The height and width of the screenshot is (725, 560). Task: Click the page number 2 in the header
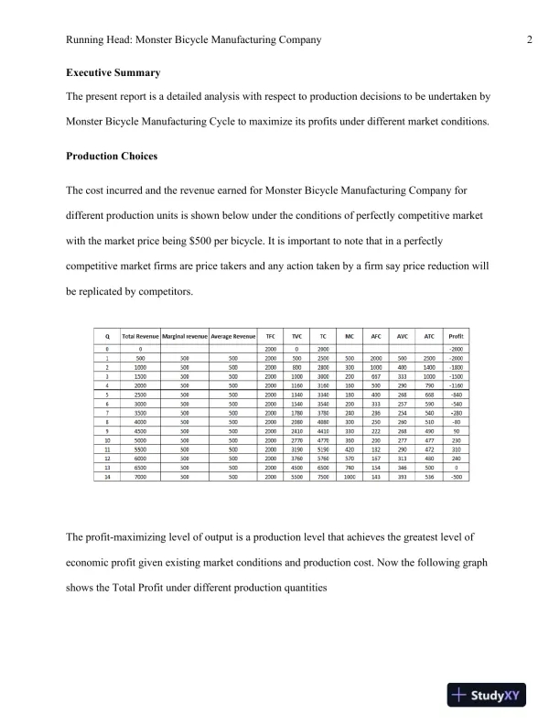[x=530, y=40]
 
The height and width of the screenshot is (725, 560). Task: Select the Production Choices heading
[x=112, y=157]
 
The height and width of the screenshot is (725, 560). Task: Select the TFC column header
[x=270, y=336]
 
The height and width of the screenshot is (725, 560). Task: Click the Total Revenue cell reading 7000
[x=140, y=478]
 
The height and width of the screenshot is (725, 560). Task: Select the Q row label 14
[x=108, y=478]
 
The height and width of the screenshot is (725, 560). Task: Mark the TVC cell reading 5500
[x=296, y=478]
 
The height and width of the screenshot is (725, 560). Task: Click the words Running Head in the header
[x=102, y=40]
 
